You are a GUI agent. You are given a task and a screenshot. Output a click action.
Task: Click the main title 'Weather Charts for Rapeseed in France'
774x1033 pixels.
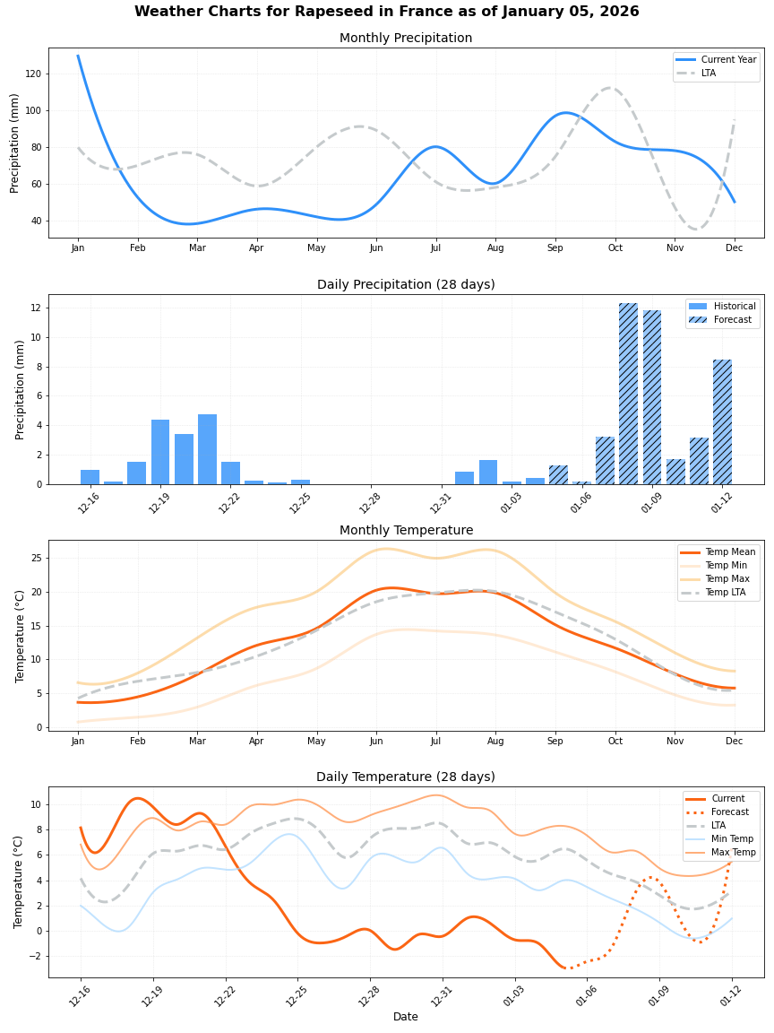(386, 12)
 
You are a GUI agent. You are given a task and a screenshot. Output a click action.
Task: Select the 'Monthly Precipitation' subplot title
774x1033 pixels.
(405, 39)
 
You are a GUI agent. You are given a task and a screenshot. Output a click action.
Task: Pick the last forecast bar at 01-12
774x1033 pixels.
(722, 421)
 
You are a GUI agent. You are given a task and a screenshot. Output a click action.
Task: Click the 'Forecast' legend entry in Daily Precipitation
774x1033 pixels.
(732, 319)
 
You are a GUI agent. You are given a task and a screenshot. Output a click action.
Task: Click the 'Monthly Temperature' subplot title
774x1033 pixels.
(405, 531)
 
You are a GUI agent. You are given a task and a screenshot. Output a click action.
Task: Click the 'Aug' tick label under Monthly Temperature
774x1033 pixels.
(495, 742)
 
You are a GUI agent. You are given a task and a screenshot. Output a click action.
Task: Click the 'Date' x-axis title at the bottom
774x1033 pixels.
(405, 1017)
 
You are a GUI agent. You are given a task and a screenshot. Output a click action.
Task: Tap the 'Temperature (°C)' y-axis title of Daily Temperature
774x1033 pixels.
(19, 881)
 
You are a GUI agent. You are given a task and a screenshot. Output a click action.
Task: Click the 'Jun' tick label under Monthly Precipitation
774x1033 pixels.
(376, 247)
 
